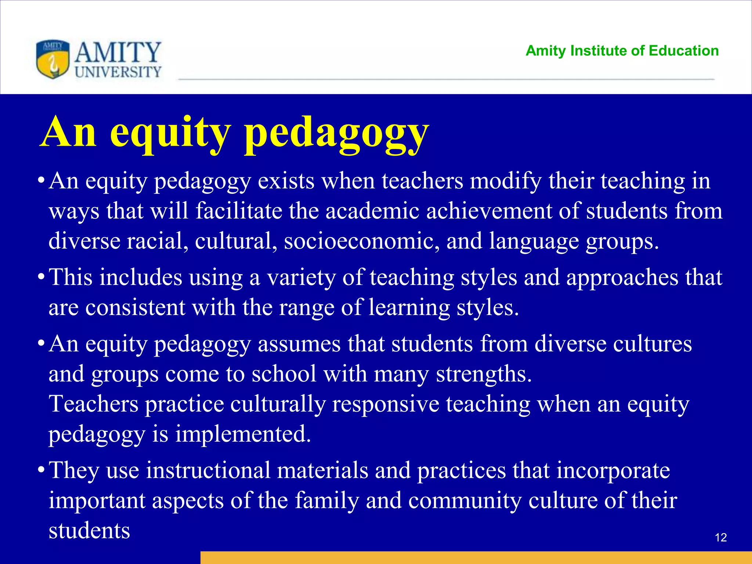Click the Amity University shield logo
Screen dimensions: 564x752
tap(53, 59)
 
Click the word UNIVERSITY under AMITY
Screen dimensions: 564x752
tap(118, 72)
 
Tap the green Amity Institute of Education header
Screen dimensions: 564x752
tap(622, 51)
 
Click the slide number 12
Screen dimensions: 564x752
tap(721, 538)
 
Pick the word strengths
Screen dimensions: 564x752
tap(484, 375)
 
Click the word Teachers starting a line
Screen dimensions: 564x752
tap(93, 404)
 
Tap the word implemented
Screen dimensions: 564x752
tap(243, 434)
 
